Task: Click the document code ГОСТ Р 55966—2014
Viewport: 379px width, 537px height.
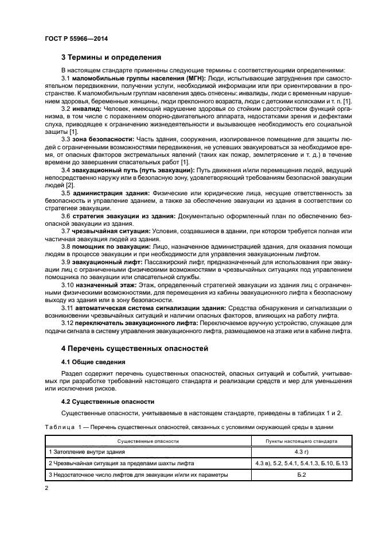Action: tap(76, 38)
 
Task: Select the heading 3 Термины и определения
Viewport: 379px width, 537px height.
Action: tap(111, 57)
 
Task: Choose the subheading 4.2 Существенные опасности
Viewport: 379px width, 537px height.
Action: tap(103, 401)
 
